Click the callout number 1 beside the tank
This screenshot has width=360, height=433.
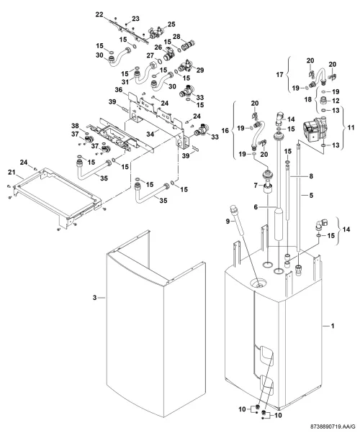click(x=333, y=326)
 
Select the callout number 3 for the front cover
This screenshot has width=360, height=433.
click(x=94, y=298)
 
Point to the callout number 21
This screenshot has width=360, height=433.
click(x=12, y=173)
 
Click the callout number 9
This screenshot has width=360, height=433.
click(x=228, y=221)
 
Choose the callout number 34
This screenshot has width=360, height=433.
click(x=150, y=135)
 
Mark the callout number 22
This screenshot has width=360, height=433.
click(x=99, y=14)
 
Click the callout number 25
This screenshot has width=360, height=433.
click(x=171, y=24)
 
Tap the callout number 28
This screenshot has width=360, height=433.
click(x=176, y=37)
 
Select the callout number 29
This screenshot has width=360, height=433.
click(x=200, y=70)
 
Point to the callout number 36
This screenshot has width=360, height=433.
click(x=119, y=90)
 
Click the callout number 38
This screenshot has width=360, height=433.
click(x=75, y=126)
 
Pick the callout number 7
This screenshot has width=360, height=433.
click(x=256, y=186)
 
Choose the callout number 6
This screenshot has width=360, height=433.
click(x=256, y=207)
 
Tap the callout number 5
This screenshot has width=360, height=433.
click(x=311, y=195)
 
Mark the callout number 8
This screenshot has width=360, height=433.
click(x=311, y=176)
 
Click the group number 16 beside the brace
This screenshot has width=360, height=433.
click(x=225, y=130)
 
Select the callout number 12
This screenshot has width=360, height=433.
click(x=336, y=101)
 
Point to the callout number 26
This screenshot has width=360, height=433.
click(x=158, y=47)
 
